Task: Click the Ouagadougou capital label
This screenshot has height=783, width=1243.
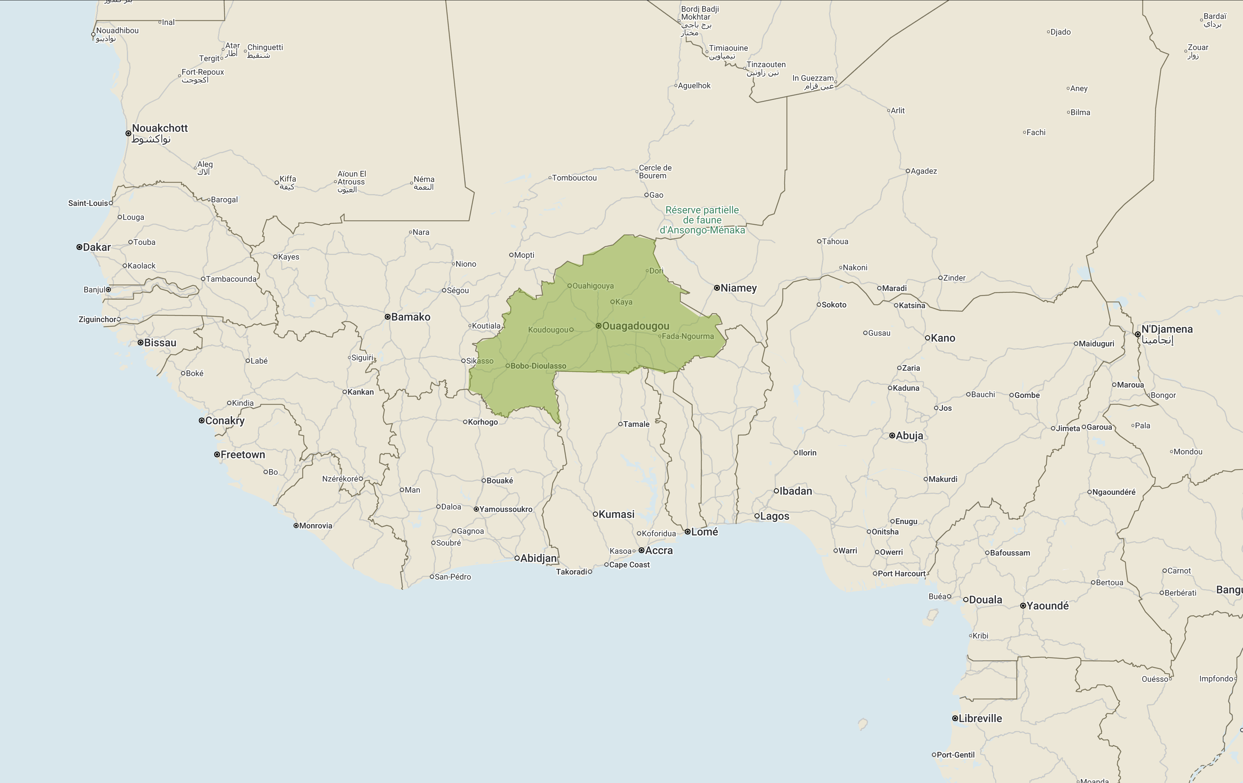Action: point(635,326)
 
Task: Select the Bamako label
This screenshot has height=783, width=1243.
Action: point(411,317)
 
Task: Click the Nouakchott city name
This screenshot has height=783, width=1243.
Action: point(159,128)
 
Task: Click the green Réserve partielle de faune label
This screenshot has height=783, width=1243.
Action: point(702,220)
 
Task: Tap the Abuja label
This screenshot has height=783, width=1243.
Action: point(909,435)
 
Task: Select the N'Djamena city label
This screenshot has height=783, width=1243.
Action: point(1166,329)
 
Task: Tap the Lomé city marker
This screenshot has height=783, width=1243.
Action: point(688,532)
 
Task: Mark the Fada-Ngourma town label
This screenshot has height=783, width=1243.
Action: point(688,336)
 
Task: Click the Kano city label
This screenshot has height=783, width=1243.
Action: point(943,338)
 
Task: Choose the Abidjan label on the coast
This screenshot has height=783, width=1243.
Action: point(539,558)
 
